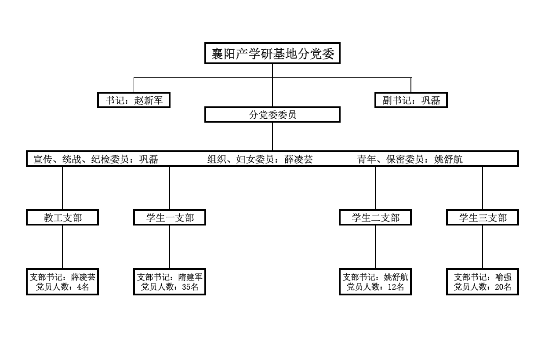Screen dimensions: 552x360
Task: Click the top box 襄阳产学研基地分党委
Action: pos(272,53)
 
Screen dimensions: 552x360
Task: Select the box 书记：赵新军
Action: pos(134,100)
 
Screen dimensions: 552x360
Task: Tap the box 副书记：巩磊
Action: pos(411,100)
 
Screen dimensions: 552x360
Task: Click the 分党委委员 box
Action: pos(272,115)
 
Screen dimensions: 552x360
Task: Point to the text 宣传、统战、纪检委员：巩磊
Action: pos(96,159)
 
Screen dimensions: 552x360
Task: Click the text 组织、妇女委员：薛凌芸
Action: pos(260,159)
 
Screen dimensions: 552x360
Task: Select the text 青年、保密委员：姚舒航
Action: pos(410,159)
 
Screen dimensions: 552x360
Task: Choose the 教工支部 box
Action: pos(62,217)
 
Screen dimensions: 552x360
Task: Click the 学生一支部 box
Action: pos(170,217)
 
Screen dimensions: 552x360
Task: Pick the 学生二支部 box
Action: pos(375,217)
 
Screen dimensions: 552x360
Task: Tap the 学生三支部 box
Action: pos(483,217)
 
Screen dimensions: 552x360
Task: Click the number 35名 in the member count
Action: pos(190,287)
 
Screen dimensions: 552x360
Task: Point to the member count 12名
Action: pos(396,287)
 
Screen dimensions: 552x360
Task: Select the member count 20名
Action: pos(503,287)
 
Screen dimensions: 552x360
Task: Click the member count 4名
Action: pos(83,287)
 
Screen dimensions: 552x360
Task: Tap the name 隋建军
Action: pos(190,277)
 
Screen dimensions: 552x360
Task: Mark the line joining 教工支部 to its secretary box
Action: pos(62,247)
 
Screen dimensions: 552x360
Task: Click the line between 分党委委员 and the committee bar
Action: pos(272,137)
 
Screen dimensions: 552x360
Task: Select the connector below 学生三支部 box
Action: pos(483,247)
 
